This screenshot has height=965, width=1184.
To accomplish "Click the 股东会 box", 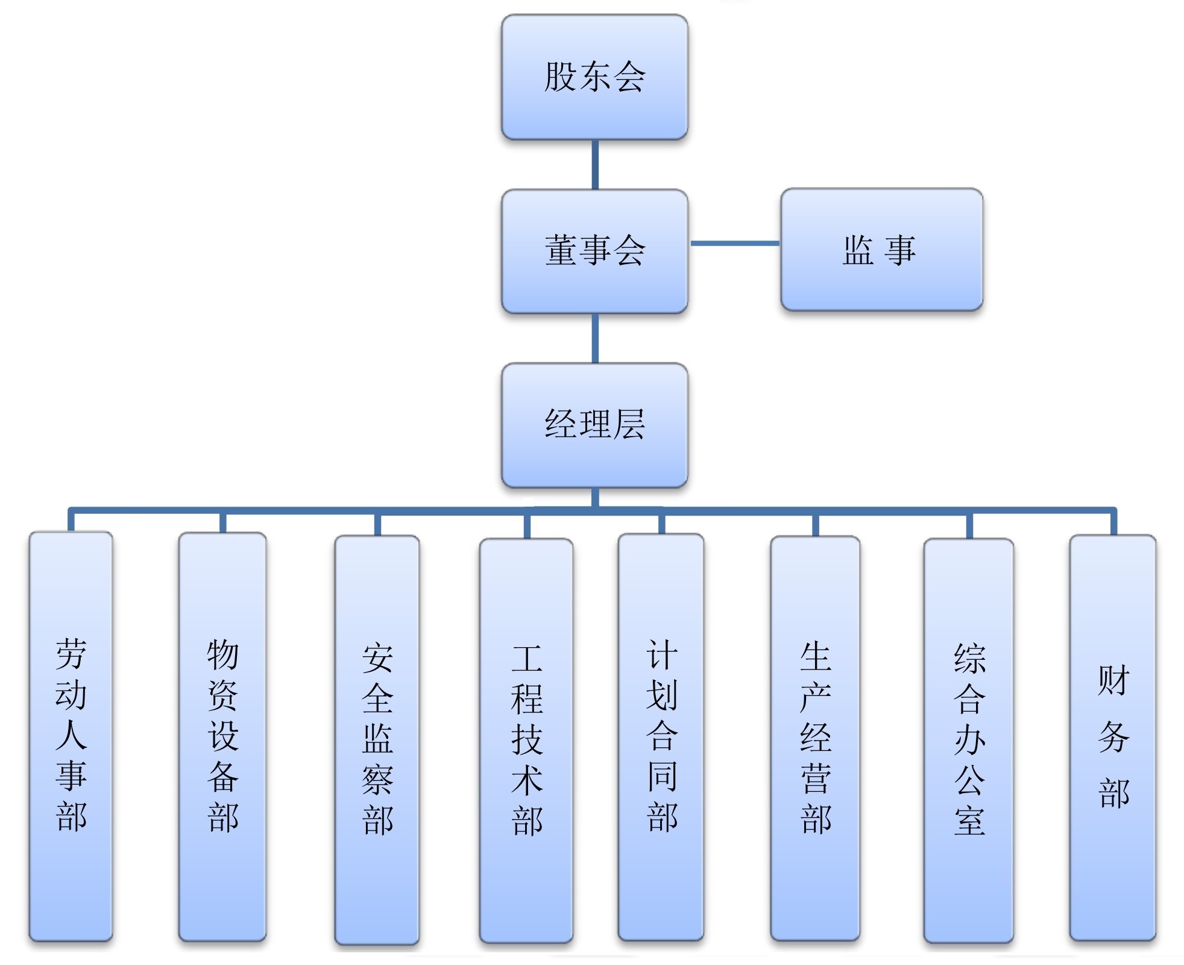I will (594, 77).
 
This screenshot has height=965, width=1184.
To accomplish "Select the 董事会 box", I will (594, 251).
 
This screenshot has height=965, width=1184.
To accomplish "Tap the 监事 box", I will (881, 250).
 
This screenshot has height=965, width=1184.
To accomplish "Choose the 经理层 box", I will (594, 425).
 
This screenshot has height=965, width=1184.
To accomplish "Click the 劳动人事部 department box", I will (71, 736).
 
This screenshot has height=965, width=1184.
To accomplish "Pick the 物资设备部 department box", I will (222, 736).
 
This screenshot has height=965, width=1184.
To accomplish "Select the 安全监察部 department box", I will (377, 739).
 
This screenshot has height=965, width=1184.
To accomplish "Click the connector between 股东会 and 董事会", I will (595, 165).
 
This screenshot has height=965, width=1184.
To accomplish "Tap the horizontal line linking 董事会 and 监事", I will (734, 244).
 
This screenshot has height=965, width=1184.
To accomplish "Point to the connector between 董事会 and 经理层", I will (595, 338).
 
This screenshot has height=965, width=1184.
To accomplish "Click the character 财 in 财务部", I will (1113, 680).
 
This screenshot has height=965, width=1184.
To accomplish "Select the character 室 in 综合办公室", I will (969, 820).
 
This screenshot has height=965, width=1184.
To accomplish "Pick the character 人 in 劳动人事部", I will (71, 735).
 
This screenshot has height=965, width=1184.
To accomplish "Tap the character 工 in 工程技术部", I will (527, 658).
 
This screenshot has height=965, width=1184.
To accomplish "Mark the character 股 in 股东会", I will (560, 77).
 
